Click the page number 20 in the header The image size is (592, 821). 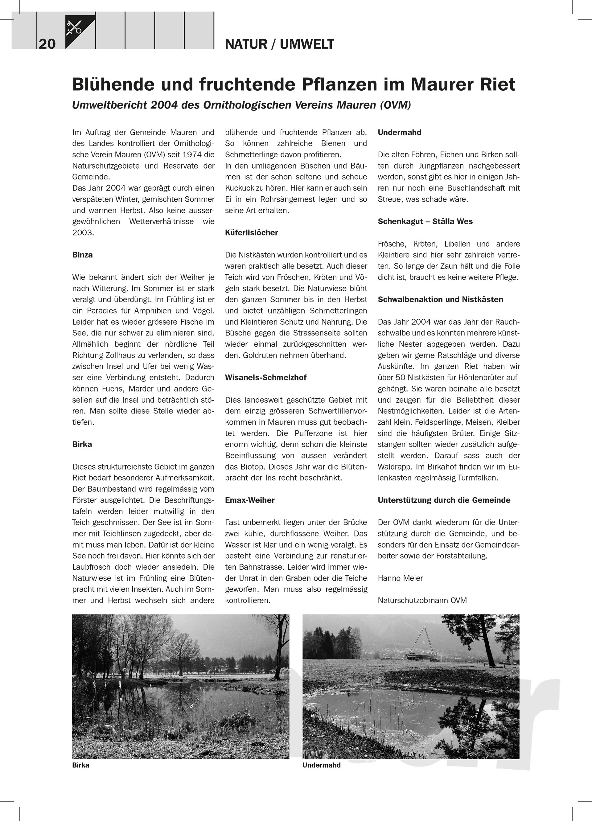pyautogui.click(x=47, y=44)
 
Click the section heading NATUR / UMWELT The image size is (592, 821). pyautogui.click(x=279, y=44)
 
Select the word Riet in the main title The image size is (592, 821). pyautogui.click(x=498, y=84)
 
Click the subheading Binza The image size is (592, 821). pyautogui.click(x=82, y=255)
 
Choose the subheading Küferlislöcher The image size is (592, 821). pyautogui.click(x=251, y=232)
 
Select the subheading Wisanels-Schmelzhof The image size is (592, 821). pyautogui.click(x=265, y=378)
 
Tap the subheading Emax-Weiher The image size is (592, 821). pyautogui.click(x=249, y=500)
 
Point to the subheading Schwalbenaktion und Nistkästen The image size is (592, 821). pyautogui.click(x=440, y=299)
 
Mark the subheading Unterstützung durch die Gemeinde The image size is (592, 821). pyautogui.click(x=444, y=500)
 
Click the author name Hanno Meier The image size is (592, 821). pyautogui.click(x=400, y=578)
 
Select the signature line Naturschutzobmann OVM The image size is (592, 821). pyautogui.click(x=422, y=601)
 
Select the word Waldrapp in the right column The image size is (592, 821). pyautogui.click(x=393, y=466)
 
